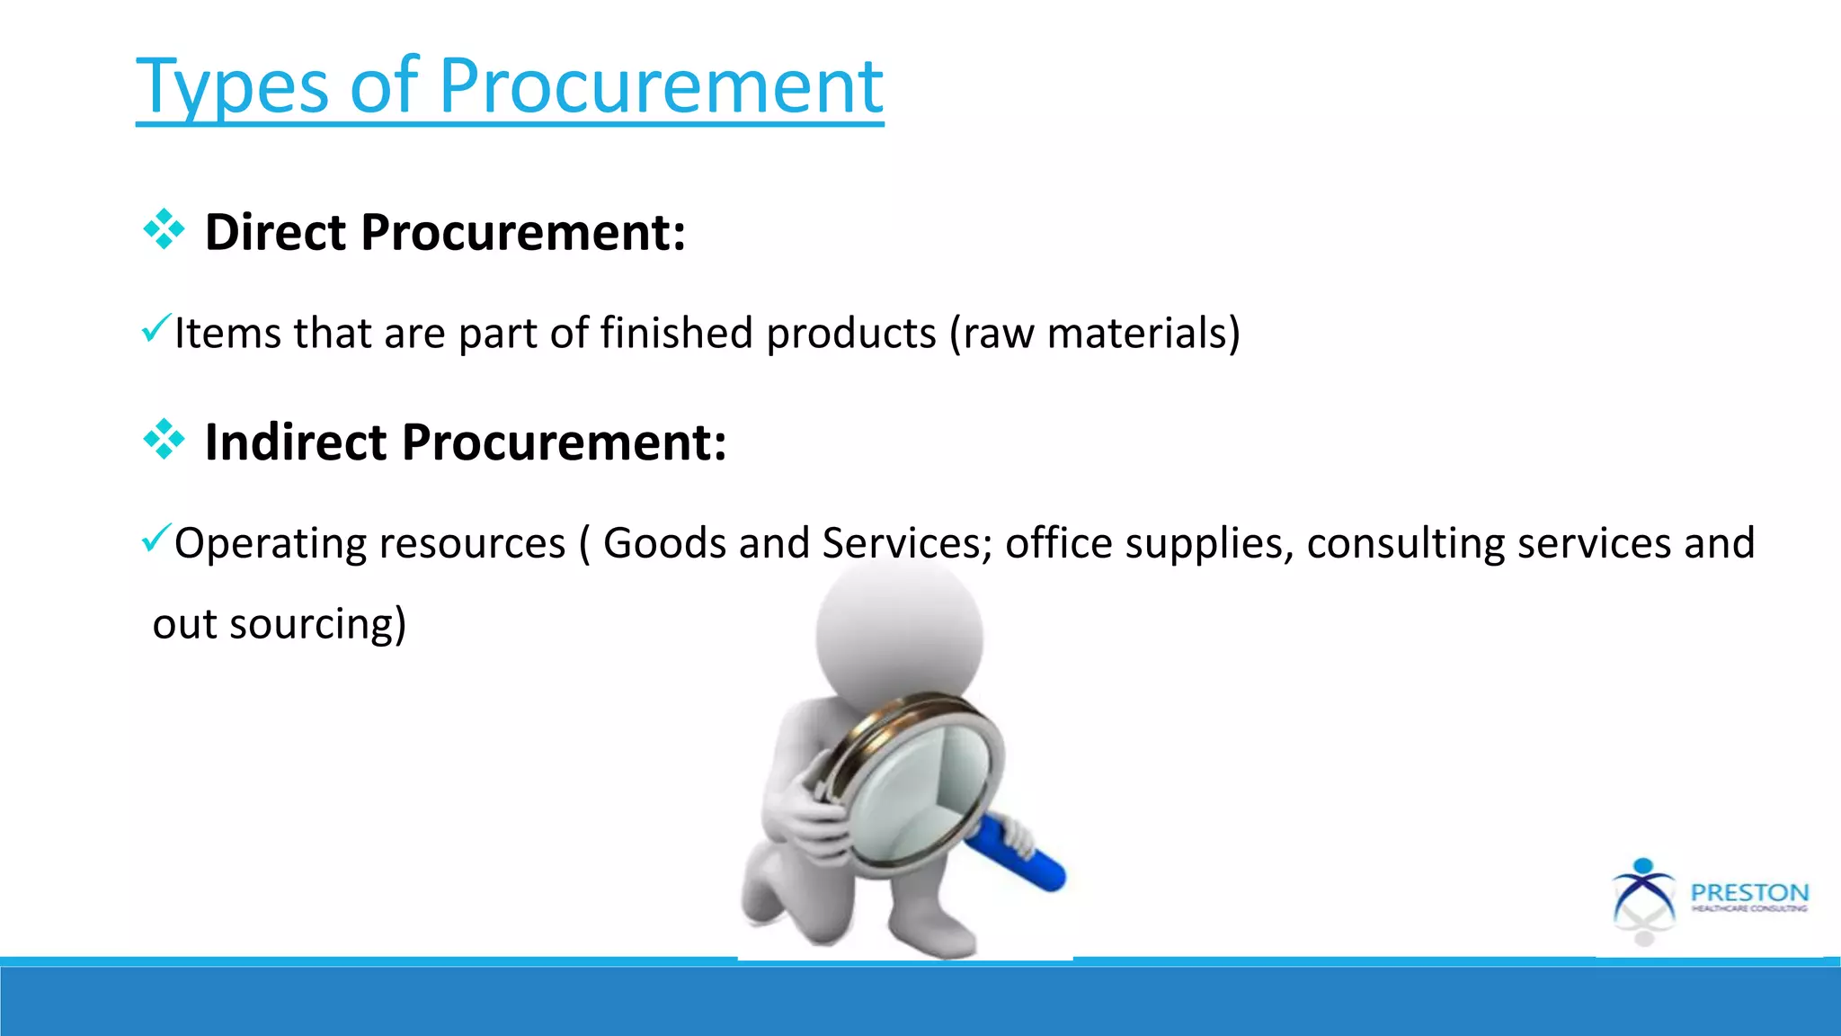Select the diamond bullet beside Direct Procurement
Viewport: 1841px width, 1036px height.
(x=164, y=230)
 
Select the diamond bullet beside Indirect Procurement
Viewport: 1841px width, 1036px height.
(x=164, y=440)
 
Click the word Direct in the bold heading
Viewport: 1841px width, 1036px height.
(x=275, y=232)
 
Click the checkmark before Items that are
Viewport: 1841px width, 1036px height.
(x=155, y=328)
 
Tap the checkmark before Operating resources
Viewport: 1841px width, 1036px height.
(x=155, y=539)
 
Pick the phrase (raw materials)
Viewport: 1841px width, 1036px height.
(x=1094, y=333)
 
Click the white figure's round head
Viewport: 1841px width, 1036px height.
(x=899, y=634)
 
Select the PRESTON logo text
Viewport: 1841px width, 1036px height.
(x=1748, y=893)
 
